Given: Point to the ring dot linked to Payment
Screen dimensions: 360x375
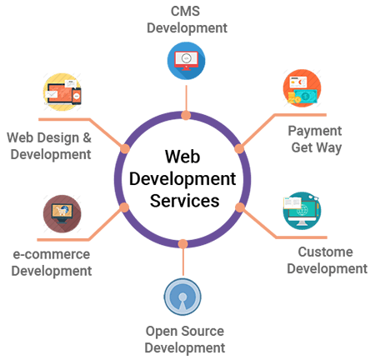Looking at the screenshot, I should point(239,148).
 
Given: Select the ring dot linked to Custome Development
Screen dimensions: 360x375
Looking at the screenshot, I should point(239,206).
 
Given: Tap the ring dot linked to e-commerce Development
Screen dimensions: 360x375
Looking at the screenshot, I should point(125,206).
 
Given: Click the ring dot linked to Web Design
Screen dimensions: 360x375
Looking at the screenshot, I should point(125,148).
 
